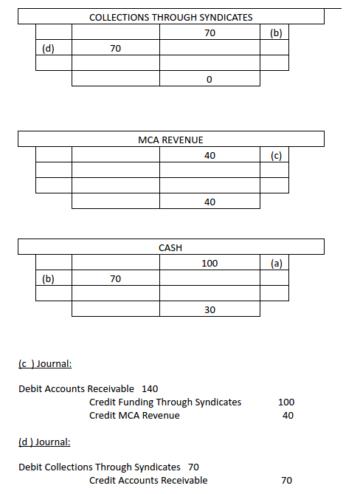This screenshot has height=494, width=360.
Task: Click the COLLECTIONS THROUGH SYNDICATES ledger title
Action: click(x=170, y=17)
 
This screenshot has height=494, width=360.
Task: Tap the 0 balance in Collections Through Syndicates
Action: click(x=210, y=79)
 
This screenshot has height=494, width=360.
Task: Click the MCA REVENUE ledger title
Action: click(x=170, y=140)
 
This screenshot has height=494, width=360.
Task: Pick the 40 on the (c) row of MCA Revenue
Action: click(x=210, y=155)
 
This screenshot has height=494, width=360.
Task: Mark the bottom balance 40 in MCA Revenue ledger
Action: click(x=210, y=202)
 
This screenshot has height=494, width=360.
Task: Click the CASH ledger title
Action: click(x=170, y=247)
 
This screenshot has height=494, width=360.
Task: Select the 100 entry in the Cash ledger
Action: click(x=210, y=263)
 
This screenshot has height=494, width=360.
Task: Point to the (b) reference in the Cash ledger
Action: click(x=53, y=279)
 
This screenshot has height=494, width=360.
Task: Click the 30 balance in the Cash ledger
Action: click(x=210, y=310)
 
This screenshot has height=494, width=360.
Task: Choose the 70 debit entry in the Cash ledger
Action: click(x=115, y=279)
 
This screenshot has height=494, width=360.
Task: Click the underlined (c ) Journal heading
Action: click(x=44, y=363)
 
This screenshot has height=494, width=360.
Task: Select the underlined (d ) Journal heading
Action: click(x=44, y=442)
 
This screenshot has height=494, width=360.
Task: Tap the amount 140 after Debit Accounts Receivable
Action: click(x=149, y=388)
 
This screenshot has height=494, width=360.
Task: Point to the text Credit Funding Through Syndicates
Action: click(x=165, y=402)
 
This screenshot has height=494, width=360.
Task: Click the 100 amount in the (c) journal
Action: click(x=286, y=402)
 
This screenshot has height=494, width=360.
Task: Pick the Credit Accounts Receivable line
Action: click(x=148, y=481)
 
